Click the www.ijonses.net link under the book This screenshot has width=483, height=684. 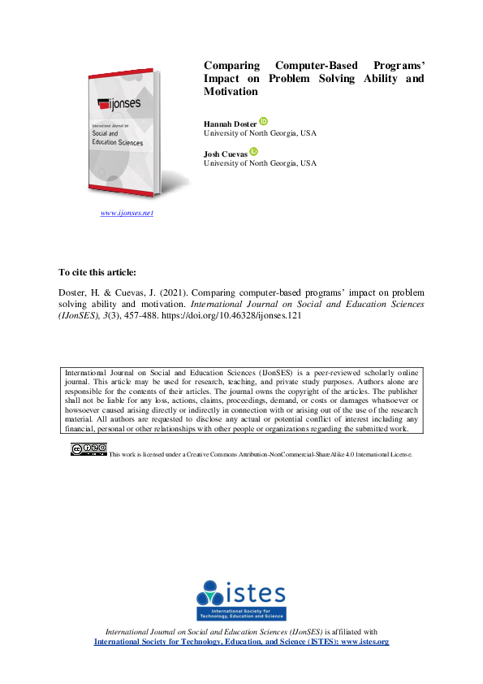click(x=127, y=213)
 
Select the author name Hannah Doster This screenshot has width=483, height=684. click(x=230, y=123)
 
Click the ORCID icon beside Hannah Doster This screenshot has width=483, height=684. click(x=263, y=121)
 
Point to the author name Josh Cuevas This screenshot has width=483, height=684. click(x=225, y=154)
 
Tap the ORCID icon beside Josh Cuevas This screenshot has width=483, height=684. click(x=254, y=151)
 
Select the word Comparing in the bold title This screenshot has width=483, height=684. click(x=231, y=65)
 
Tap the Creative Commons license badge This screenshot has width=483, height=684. click(x=88, y=449)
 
